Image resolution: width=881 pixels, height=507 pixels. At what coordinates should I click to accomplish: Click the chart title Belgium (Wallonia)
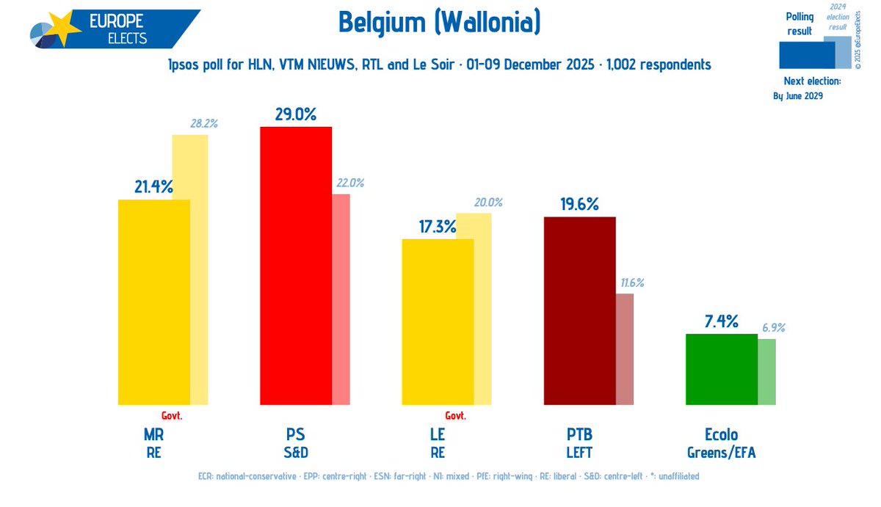pos(439,23)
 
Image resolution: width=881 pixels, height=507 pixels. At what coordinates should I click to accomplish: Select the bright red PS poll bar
pos(296,264)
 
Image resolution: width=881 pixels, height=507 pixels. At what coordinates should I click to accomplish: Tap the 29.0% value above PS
pos(295,114)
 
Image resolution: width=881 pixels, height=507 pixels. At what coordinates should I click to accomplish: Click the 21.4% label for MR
pos(153,187)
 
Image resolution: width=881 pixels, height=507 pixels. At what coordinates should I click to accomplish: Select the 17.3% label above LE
pos(438,226)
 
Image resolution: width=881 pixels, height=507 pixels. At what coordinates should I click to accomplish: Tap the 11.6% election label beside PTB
pos(632,282)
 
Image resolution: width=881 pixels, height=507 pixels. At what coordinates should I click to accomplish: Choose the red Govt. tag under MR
pos(171,415)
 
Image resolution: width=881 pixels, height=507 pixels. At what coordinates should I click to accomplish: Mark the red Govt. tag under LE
pos(455,415)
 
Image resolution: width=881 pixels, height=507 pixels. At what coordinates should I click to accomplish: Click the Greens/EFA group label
pos(721,453)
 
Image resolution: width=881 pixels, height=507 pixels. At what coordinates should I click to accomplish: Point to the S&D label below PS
pos(296,453)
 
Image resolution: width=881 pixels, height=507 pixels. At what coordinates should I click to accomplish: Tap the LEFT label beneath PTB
pos(579,453)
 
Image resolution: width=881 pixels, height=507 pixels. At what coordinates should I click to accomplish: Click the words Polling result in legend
pos(799,23)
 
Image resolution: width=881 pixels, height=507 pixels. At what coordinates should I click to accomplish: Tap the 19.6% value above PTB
pos(579,204)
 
